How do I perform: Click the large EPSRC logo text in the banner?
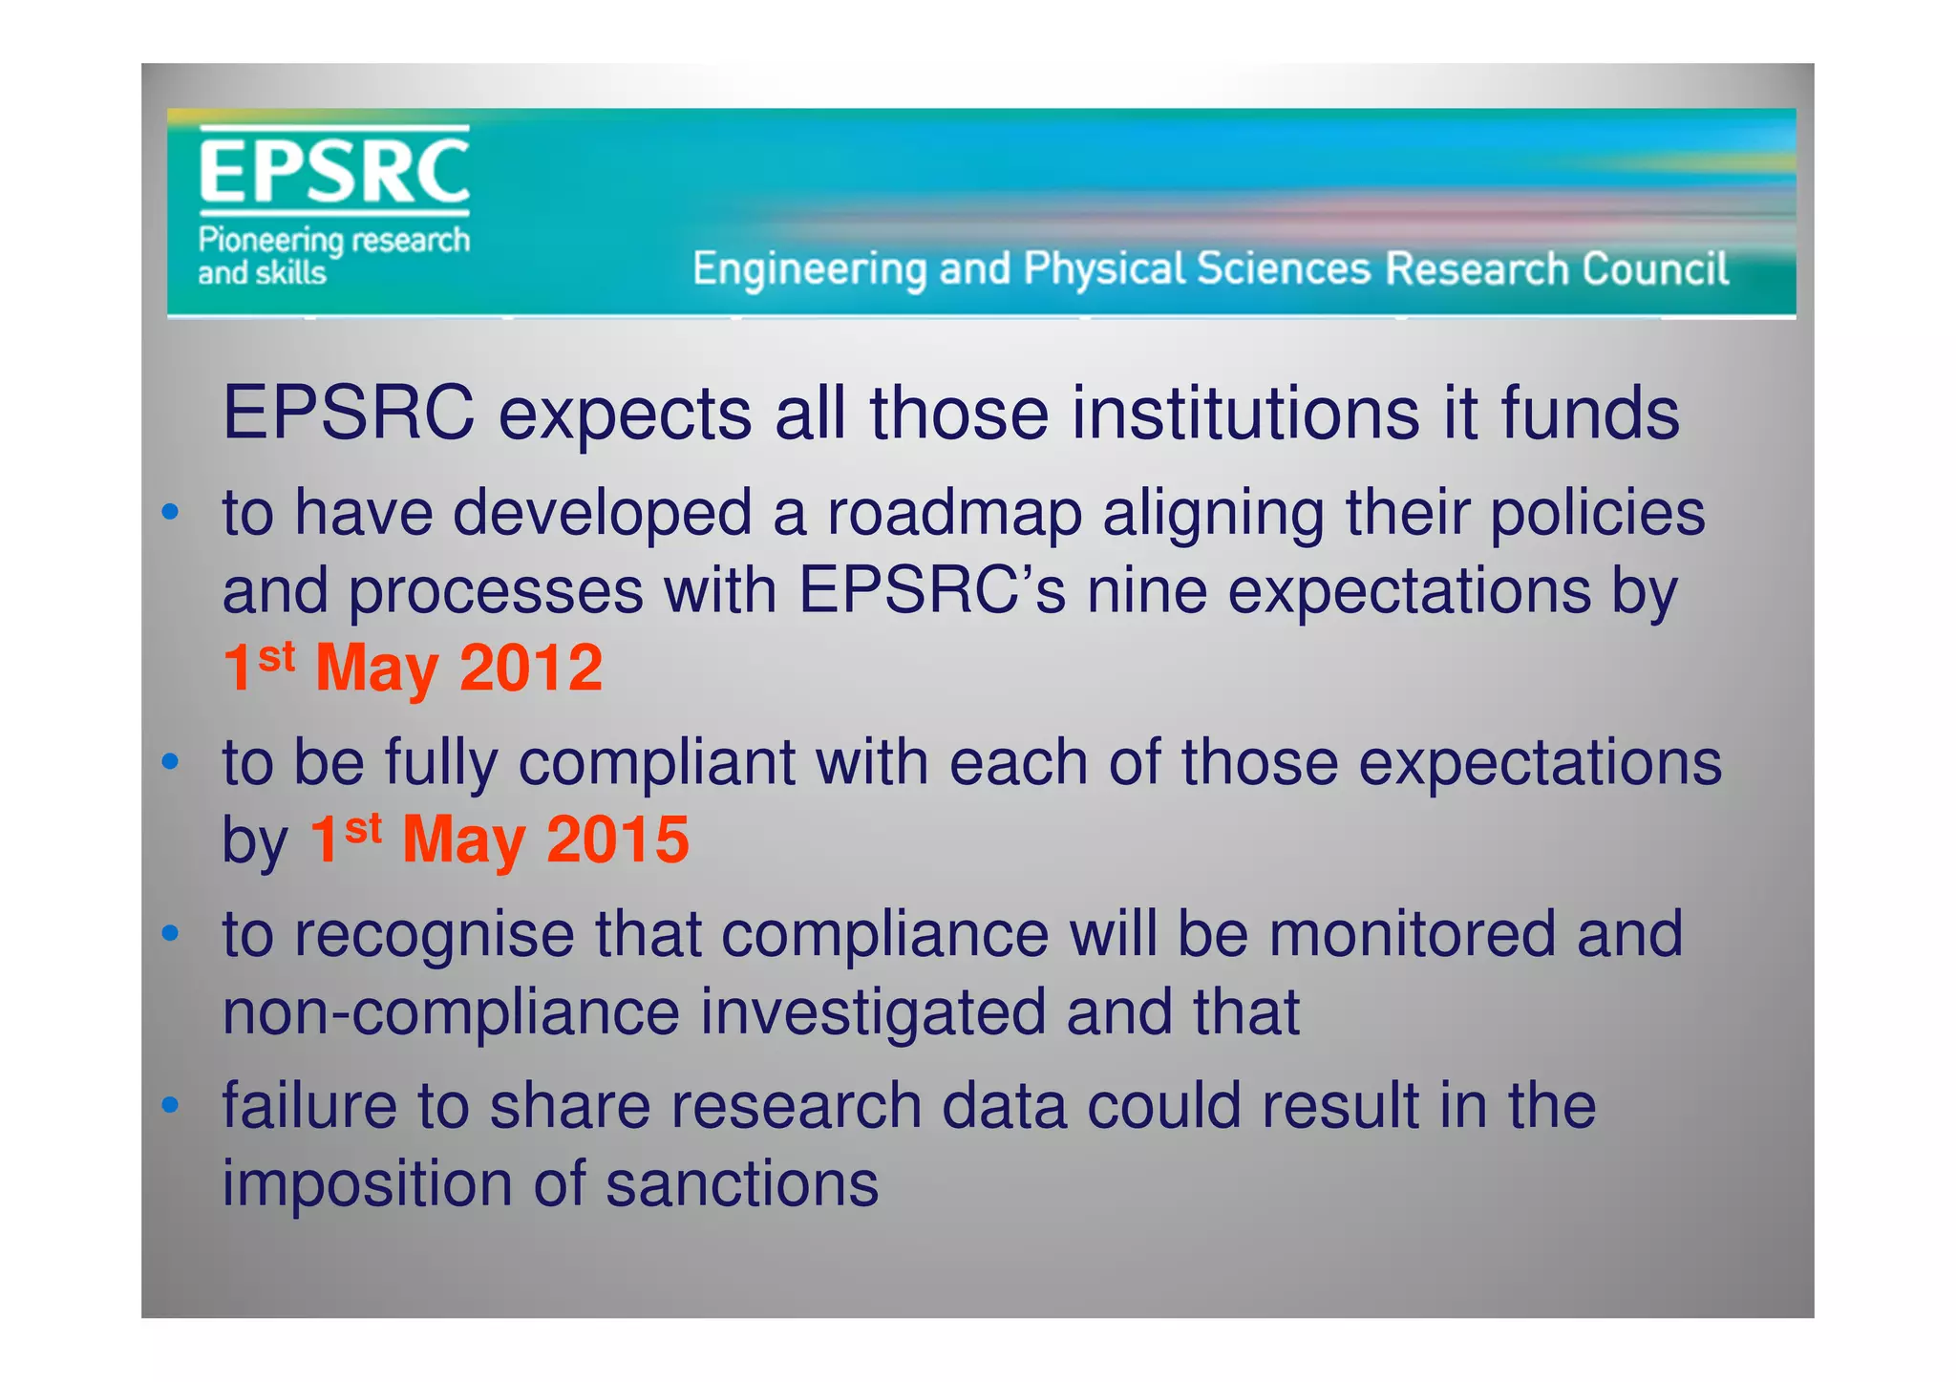(333, 171)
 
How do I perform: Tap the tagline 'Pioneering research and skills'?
(333, 256)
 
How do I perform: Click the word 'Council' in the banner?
(1654, 269)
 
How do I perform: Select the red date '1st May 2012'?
(413, 668)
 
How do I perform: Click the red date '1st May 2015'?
(499, 840)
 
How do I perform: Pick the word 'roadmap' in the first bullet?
(954, 513)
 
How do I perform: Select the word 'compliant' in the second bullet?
(656, 763)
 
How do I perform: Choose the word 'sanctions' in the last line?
(742, 1184)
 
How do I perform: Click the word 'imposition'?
(367, 1184)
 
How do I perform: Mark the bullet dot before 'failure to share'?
(170, 1106)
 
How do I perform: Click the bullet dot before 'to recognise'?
(170, 934)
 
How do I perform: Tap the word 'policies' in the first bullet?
(1597, 513)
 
